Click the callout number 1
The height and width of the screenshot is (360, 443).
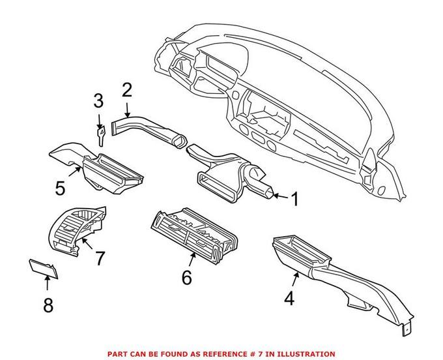[x=294, y=199]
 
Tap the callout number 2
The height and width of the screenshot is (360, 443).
[x=127, y=90]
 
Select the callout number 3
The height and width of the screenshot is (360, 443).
[x=98, y=101]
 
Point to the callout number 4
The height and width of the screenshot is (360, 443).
[x=289, y=298]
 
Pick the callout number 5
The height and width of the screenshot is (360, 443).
[x=60, y=188]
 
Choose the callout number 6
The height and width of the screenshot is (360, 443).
[x=187, y=277]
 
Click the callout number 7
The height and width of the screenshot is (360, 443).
[x=100, y=258]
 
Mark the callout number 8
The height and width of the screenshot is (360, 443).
[x=48, y=305]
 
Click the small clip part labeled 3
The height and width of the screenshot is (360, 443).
[x=100, y=136]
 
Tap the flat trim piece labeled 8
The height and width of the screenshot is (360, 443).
[x=44, y=269]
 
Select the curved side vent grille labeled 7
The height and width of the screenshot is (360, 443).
[x=76, y=230]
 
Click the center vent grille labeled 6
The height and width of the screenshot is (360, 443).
[x=194, y=235]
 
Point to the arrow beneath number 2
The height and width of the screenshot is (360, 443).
[x=127, y=110]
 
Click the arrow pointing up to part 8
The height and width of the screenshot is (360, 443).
[x=47, y=283]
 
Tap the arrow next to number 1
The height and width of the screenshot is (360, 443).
[x=280, y=196]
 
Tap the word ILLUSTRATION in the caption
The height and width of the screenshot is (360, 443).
[x=306, y=354]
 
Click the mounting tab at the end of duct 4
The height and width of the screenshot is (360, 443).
[x=407, y=329]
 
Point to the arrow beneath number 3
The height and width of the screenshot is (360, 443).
[x=99, y=121]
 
